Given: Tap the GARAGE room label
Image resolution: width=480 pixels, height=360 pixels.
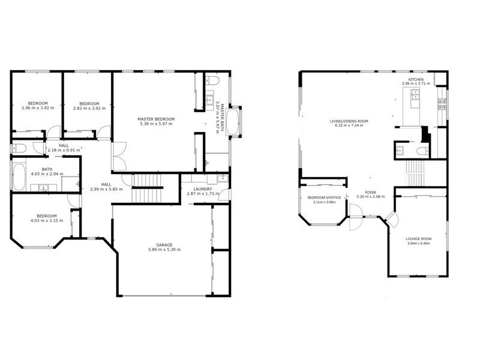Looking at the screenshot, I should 164,245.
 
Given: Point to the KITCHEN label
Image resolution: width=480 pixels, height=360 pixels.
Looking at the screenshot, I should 416,79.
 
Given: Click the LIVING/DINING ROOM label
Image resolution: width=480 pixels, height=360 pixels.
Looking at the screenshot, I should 349,121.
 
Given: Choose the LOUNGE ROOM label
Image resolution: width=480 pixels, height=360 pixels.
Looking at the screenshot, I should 418,239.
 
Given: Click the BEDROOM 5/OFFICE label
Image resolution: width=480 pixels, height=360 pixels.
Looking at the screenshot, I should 324,197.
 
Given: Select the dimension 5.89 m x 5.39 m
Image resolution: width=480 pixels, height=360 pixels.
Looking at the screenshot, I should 164,250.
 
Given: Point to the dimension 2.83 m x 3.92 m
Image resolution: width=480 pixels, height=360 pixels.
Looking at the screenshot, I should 89,108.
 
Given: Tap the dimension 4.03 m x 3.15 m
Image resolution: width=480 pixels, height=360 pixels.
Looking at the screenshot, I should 46,221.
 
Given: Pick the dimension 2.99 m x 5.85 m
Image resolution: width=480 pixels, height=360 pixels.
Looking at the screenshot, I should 106,189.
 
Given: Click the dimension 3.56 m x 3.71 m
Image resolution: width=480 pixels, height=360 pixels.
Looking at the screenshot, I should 416,84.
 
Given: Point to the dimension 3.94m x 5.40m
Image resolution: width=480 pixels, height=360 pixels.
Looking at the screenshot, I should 418,244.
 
